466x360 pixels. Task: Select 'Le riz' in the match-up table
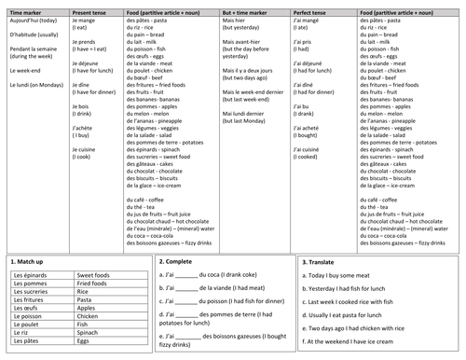[x=22, y=335]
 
